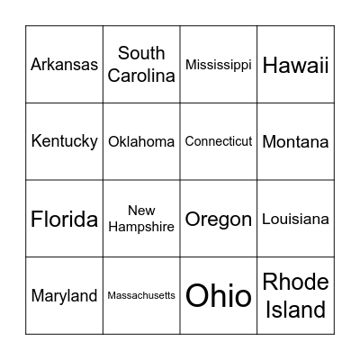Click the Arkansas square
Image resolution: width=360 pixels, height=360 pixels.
(64, 65)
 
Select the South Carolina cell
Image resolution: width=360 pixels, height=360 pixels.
(141, 65)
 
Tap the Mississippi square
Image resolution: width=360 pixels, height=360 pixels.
(219, 65)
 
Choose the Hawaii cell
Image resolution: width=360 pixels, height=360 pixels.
(296, 65)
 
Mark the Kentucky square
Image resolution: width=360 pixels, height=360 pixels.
(64, 141)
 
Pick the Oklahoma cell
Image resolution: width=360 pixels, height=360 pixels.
(141, 141)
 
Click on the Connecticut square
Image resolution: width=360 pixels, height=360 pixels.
(219, 141)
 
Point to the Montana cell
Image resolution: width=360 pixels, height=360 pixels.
(296, 141)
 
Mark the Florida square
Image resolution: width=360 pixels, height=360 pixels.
(64, 219)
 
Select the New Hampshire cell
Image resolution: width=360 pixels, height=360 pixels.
(141, 219)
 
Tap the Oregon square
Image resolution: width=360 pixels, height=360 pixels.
(219, 219)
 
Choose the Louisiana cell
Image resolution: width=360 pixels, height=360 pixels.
(296, 219)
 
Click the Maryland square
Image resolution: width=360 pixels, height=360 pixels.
(64, 296)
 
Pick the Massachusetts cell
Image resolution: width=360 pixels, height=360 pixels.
(141, 296)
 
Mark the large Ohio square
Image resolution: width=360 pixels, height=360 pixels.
(219, 296)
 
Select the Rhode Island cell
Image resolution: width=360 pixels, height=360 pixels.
(296, 296)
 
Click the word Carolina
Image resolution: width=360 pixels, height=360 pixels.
(141, 76)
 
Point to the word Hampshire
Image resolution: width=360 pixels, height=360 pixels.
(141, 228)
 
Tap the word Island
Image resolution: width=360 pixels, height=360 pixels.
(296, 310)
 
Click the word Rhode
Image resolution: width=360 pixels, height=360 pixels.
(296, 283)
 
